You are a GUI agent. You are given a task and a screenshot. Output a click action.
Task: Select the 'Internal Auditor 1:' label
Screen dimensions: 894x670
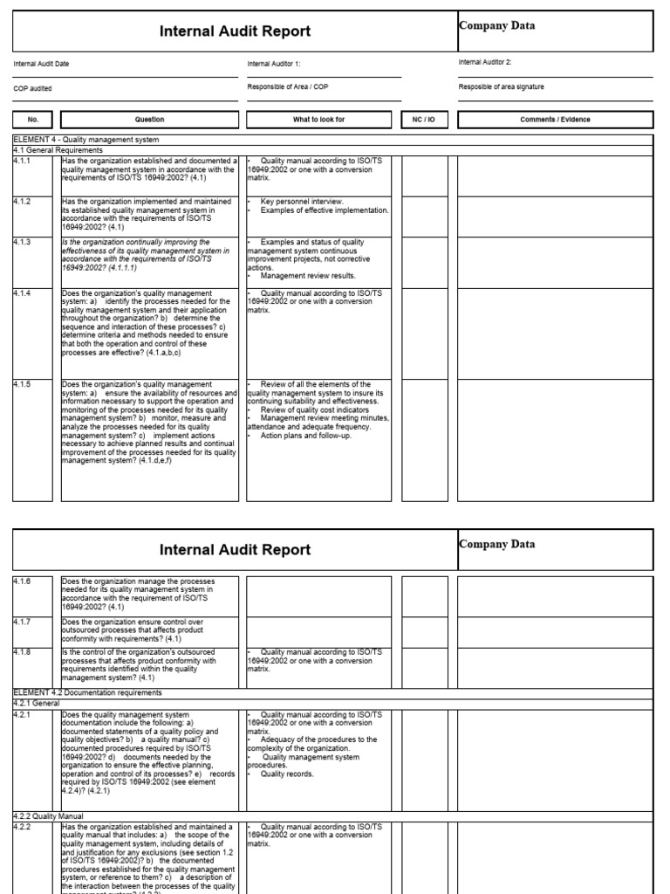273,64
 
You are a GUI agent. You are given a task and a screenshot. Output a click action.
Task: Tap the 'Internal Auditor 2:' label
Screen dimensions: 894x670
484,62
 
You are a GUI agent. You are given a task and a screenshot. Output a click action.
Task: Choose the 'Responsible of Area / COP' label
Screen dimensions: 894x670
287,87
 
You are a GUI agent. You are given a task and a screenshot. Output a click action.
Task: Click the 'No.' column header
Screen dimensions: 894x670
32,120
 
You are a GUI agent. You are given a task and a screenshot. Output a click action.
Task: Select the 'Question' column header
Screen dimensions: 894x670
149,120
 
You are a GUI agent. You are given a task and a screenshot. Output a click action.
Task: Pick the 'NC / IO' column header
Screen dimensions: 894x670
424,120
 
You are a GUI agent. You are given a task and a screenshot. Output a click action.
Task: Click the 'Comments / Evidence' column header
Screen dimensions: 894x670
555,120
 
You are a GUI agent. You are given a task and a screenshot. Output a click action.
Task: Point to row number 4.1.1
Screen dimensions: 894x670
22,161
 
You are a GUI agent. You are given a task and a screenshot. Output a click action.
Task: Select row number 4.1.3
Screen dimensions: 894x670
22,242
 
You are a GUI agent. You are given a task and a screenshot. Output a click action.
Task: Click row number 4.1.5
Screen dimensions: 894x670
22,384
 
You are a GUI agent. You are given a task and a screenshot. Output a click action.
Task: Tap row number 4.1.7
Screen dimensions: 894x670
22,622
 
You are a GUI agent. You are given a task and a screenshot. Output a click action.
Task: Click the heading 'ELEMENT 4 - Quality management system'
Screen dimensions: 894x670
85,140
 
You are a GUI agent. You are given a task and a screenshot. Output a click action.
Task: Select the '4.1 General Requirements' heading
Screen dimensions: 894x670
58,150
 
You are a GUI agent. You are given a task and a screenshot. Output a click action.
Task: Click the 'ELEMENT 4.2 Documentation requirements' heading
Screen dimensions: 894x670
87,692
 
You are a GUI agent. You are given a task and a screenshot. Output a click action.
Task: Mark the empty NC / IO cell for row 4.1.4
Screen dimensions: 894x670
424,332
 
